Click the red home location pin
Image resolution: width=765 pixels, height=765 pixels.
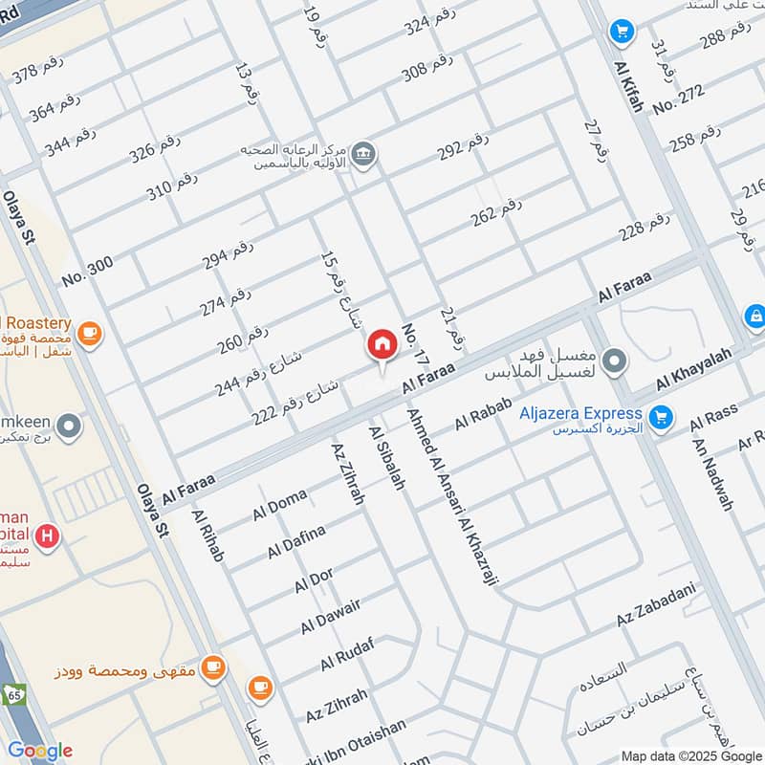point(382,346)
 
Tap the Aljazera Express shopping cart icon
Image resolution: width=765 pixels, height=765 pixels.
point(659,417)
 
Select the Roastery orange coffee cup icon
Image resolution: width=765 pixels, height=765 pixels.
point(90,333)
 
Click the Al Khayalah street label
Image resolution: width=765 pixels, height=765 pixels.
point(693,369)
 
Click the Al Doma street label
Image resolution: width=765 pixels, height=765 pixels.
point(279,504)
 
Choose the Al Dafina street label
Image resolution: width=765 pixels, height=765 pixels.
point(296,540)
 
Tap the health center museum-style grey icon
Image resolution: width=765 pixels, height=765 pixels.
point(363,152)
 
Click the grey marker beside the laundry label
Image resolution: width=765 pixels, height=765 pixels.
point(616,361)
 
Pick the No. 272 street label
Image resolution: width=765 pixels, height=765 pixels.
point(679,98)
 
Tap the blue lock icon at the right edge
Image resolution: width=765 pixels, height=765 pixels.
point(754,316)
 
